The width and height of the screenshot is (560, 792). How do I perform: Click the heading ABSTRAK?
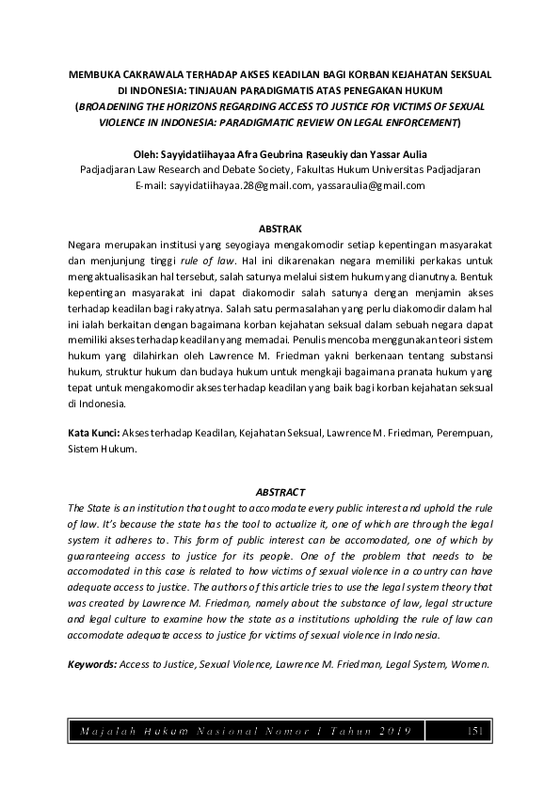click(x=280, y=229)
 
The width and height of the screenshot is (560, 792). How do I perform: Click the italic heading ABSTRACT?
click(x=280, y=492)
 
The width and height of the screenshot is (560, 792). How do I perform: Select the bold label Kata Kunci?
click(x=94, y=434)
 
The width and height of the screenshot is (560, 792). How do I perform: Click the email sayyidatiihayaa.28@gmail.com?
click(x=240, y=186)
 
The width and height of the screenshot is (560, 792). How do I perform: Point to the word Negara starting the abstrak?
click(x=88, y=244)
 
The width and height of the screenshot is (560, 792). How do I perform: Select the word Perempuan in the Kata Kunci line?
click(x=456, y=434)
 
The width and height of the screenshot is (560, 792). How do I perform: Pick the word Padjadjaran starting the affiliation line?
click(x=110, y=170)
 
